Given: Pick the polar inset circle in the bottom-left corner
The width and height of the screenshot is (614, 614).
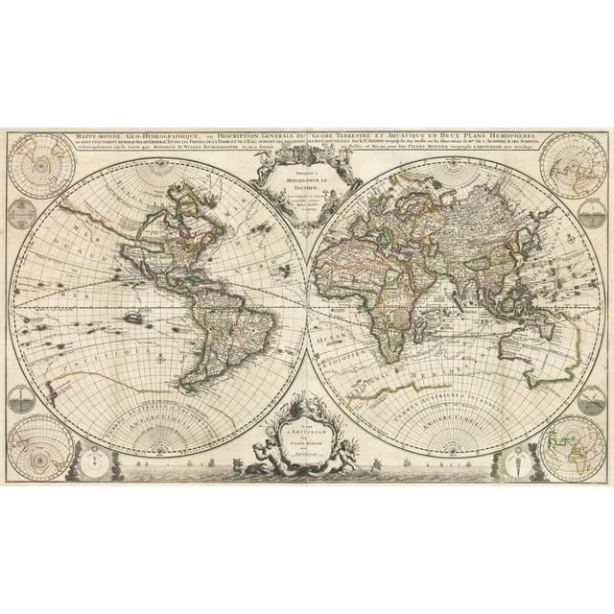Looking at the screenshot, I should coord(41,446).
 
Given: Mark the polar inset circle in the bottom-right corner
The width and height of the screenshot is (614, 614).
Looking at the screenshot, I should coord(573,446).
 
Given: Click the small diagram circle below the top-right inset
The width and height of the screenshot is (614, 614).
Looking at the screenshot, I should coord(592,213).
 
